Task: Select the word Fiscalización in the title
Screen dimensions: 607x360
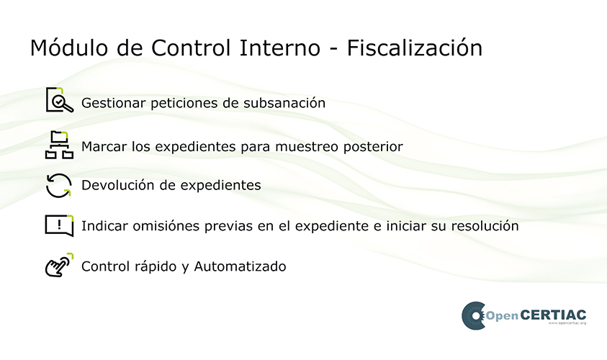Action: coord(415,48)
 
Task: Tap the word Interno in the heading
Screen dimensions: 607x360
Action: coord(280,48)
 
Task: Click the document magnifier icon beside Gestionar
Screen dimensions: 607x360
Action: coord(59,100)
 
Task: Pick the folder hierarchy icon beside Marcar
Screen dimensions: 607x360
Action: coord(59,145)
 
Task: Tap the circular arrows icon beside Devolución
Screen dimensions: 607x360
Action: coord(59,186)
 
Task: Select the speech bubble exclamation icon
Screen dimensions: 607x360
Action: coord(59,225)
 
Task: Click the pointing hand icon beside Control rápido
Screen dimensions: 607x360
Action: coord(59,265)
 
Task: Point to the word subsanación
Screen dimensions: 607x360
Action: coord(284,103)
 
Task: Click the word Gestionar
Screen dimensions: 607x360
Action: coord(114,103)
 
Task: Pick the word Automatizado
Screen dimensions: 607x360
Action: coord(240,266)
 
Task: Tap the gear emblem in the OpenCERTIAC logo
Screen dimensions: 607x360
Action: coord(474,316)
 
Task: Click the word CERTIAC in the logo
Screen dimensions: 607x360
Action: coord(553,315)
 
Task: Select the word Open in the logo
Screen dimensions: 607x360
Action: coord(502,316)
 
